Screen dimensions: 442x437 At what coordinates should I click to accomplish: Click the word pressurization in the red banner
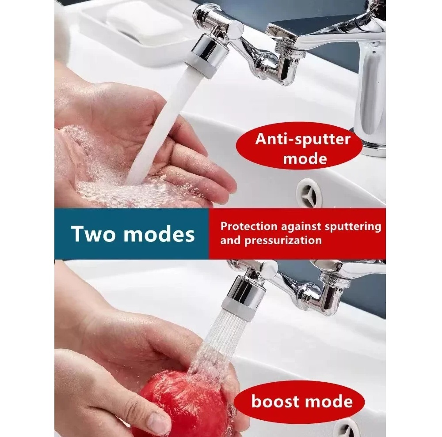pos(283,241)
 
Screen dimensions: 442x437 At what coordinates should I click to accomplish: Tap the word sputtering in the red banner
pos(353,226)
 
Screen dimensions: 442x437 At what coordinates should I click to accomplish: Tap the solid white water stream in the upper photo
pos(158,127)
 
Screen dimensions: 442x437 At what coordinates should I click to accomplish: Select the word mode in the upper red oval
pos(305,158)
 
